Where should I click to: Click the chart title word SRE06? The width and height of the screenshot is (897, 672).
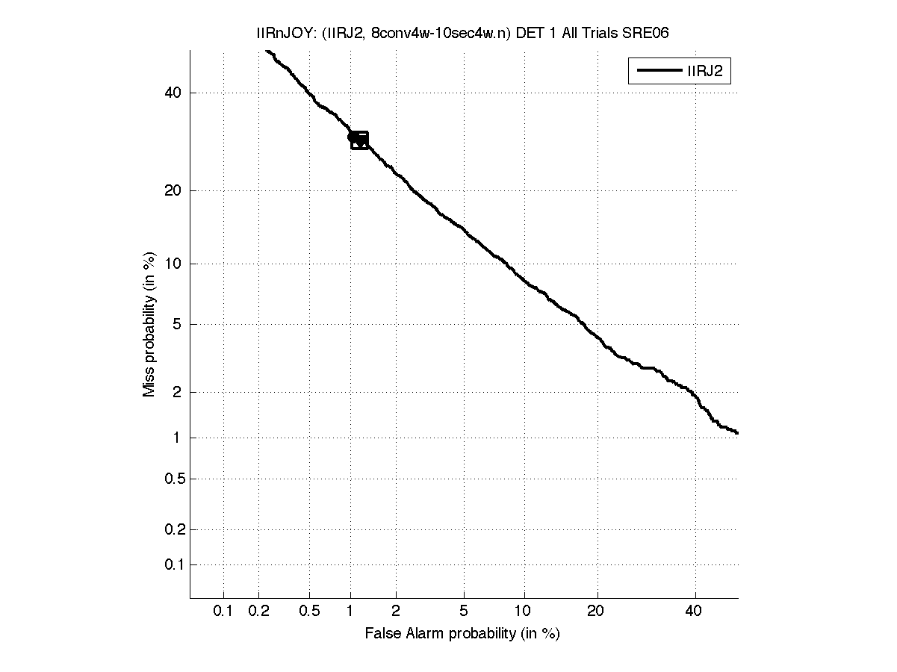[657, 33]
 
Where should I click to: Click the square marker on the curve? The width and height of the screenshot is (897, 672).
[359, 140]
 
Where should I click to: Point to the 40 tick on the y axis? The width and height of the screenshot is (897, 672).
[173, 93]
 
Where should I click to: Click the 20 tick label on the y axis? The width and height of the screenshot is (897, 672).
[173, 190]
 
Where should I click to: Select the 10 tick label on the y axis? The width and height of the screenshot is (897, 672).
[173, 264]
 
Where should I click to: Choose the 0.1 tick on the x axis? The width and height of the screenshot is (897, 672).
[223, 612]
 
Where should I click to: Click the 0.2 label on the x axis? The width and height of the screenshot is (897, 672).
[259, 612]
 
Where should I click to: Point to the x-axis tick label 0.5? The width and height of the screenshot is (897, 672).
[310, 612]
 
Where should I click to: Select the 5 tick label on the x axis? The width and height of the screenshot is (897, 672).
[464, 612]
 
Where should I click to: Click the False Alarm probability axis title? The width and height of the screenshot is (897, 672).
[462, 634]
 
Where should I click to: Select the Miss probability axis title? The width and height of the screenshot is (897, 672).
[150, 325]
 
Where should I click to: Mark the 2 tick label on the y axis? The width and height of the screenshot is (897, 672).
[177, 392]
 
